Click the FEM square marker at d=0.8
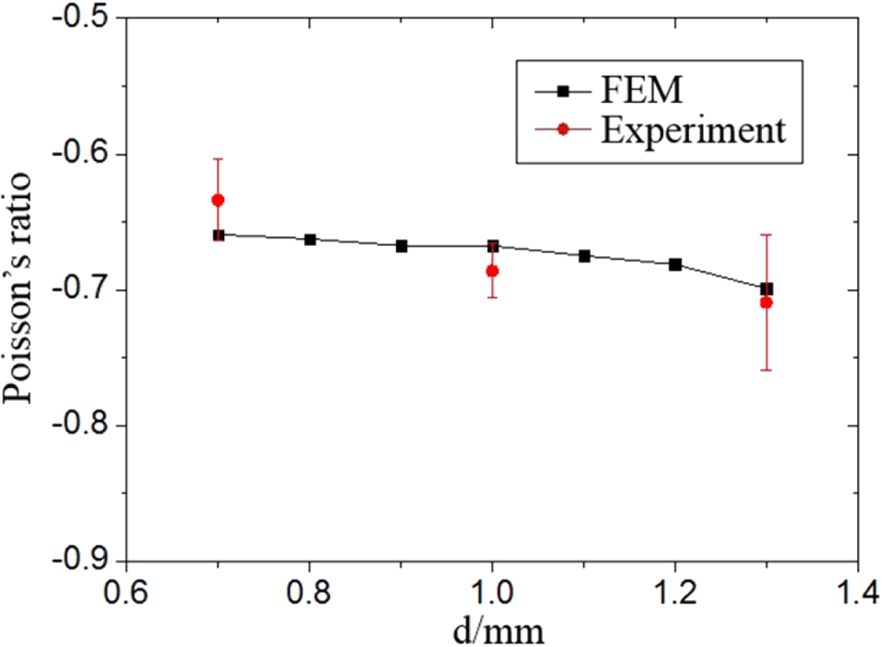[310, 240]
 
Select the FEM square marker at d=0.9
[401, 246]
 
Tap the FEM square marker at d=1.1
[584, 256]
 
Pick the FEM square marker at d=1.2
[676, 264]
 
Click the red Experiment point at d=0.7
[219, 200]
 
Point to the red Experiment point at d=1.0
[492, 271]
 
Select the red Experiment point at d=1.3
[766, 302]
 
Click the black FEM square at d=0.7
[219, 235]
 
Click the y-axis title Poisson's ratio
[23, 289]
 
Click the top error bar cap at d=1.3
[766, 234]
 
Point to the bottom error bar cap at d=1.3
[766, 370]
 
